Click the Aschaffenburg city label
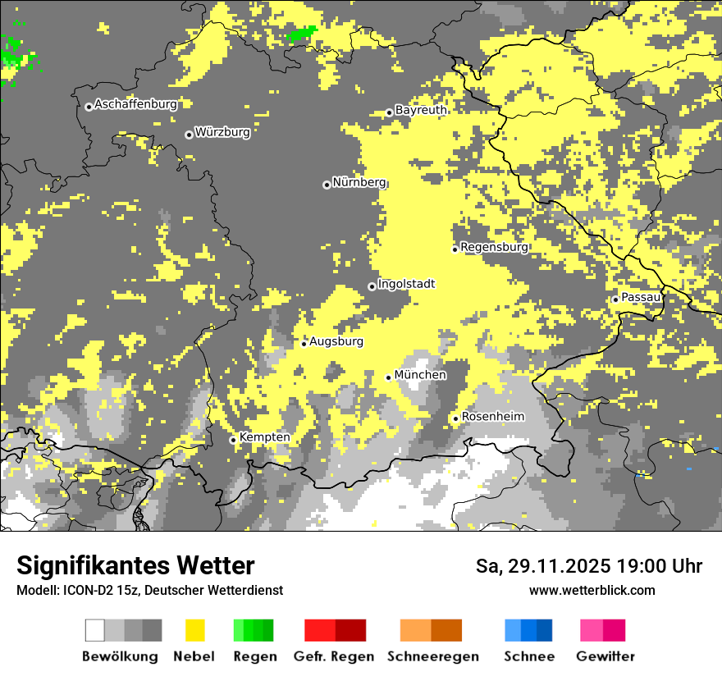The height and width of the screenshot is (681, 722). (x=135, y=104)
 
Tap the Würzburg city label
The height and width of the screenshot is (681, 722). (x=222, y=131)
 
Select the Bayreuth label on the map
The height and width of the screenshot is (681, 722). (x=421, y=110)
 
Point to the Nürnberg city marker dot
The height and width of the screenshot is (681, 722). (x=327, y=185)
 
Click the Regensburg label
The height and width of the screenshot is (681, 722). (x=494, y=247)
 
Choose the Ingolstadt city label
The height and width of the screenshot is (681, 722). (x=407, y=284)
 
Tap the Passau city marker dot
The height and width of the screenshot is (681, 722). (x=615, y=299)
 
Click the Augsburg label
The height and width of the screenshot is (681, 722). (x=336, y=341)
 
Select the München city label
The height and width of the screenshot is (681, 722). (x=420, y=375)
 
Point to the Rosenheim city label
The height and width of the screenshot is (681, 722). (x=492, y=417)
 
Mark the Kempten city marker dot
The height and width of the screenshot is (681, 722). (x=233, y=440)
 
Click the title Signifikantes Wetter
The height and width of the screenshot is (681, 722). (x=135, y=565)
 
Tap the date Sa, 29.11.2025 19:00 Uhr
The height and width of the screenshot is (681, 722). (x=589, y=566)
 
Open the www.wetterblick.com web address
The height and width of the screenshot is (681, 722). (x=592, y=590)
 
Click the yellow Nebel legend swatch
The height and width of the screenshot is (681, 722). (x=194, y=630)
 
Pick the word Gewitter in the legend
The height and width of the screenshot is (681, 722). (x=605, y=656)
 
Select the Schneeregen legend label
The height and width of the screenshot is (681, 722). (x=433, y=656)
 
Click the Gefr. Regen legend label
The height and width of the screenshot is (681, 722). (x=334, y=656)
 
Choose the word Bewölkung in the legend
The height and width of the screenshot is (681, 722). (x=120, y=656)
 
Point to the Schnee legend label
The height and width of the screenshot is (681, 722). (x=529, y=656)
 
